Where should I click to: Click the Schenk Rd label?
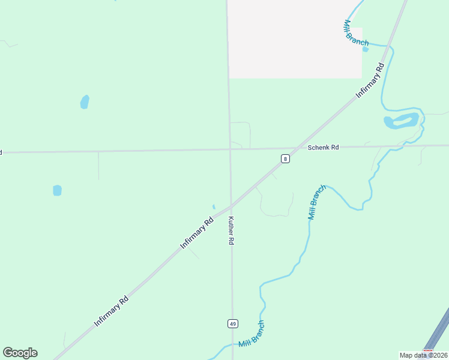(323, 147)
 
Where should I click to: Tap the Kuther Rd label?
(231, 230)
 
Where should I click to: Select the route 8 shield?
(285, 158)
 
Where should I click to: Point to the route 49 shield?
(233, 323)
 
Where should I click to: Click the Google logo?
(20, 353)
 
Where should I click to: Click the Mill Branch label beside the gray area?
(355, 33)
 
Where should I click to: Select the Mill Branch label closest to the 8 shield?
(317, 202)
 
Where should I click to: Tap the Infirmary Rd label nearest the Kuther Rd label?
(197, 233)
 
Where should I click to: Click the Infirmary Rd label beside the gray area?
(370, 79)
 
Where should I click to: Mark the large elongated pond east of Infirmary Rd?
(402, 121)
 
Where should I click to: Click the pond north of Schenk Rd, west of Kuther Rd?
(85, 102)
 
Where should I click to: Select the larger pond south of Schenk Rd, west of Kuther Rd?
(57, 190)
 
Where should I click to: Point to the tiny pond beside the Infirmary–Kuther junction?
(214, 207)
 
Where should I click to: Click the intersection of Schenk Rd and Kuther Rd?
(230, 149)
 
